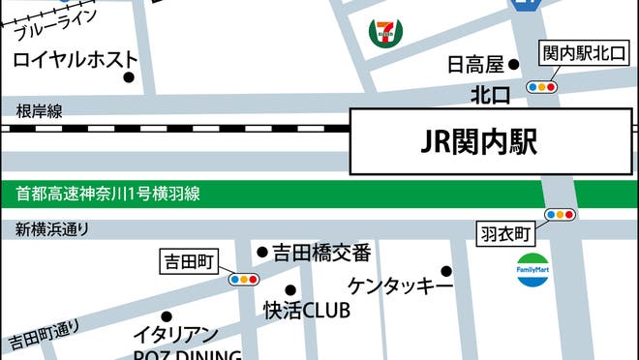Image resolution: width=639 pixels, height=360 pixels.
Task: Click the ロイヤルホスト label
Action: click(x=75, y=60)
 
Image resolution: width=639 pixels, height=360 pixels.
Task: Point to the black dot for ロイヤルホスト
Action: click(x=128, y=78)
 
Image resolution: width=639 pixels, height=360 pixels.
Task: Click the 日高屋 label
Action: click(x=475, y=65)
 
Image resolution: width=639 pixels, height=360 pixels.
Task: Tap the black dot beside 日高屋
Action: click(x=515, y=65)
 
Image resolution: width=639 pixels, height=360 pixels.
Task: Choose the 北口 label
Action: click(x=490, y=95)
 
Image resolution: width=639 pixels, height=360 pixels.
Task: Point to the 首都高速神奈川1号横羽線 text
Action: click(x=107, y=194)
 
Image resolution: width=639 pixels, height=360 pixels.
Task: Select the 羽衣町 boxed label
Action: click(x=507, y=233)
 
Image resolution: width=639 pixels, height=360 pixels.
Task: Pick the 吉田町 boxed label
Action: click(x=189, y=259)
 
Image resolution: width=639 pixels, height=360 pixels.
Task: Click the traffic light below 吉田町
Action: click(x=243, y=280)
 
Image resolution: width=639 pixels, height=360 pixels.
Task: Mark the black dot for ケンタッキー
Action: click(x=446, y=271)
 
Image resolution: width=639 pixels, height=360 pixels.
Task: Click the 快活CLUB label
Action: click(x=307, y=312)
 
